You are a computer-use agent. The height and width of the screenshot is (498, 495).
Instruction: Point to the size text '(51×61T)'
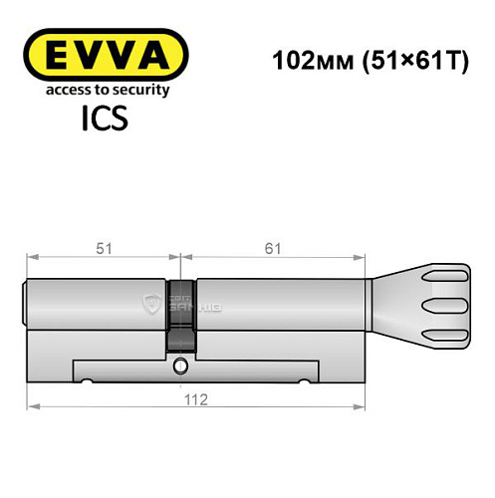(394, 59)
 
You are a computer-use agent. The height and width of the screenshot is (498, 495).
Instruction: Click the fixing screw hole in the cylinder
(180, 369)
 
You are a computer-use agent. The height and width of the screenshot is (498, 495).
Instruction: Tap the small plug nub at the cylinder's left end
(26, 303)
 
